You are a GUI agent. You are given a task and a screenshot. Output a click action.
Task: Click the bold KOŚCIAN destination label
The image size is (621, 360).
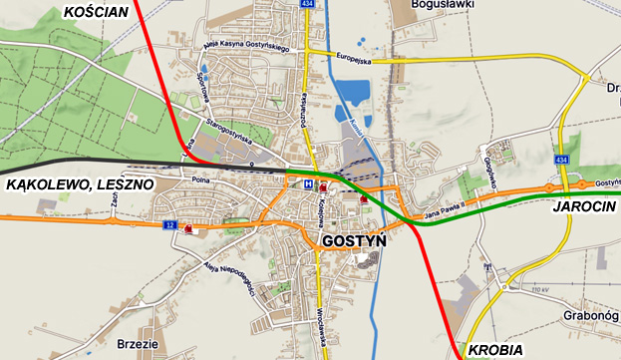97,12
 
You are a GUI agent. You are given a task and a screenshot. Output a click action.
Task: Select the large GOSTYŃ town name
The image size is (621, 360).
354,241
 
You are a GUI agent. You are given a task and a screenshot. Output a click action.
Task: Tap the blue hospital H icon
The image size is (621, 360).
309,184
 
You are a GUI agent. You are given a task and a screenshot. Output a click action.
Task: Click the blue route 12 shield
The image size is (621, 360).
170,225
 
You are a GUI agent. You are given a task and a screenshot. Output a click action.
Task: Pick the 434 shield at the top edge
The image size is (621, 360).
308,5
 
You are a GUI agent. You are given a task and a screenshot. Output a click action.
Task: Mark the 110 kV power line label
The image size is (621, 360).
538,290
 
